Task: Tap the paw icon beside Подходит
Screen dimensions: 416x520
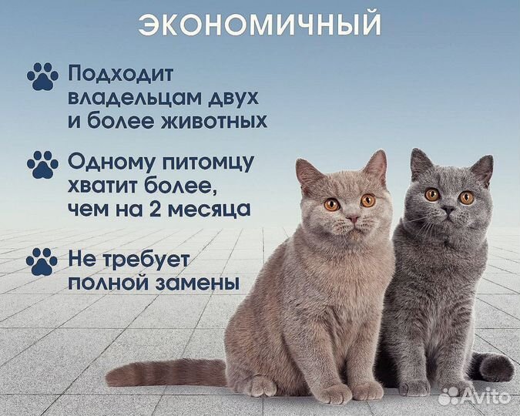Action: point(42,75)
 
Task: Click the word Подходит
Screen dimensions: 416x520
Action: point(122,75)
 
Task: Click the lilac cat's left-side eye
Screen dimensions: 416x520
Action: point(331,204)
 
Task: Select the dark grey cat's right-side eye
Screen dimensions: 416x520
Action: point(467,197)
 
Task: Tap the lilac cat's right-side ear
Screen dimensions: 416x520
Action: point(376,166)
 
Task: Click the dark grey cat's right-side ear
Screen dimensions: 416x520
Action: point(482,167)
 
